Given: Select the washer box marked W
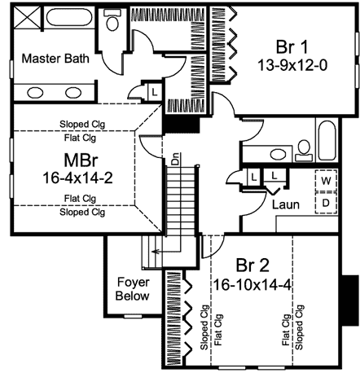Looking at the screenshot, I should [x=327, y=180].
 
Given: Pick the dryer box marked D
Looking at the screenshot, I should [x=327, y=200].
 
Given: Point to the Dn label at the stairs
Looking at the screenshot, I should [x=174, y=160].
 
